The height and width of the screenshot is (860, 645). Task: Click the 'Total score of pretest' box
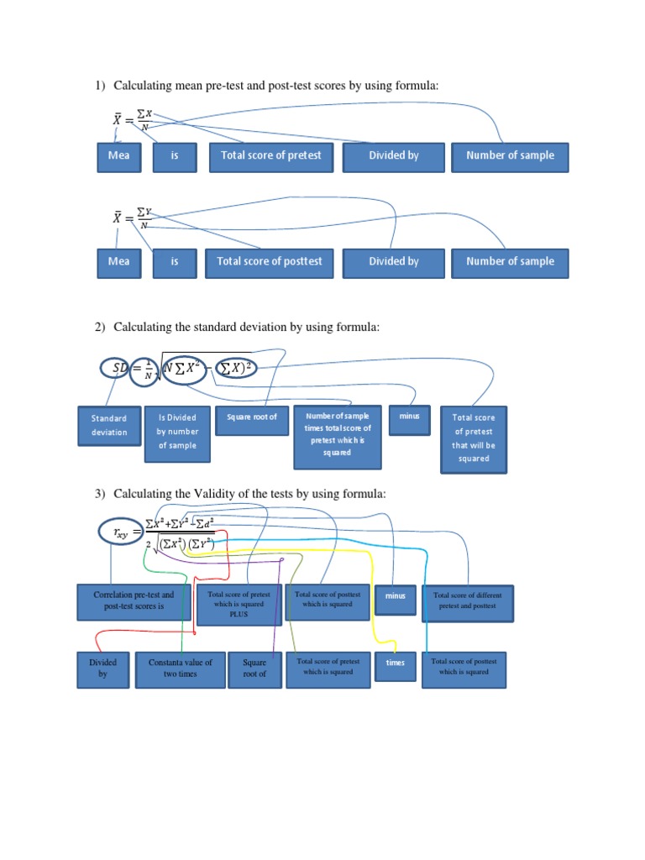click(x=270, y=156)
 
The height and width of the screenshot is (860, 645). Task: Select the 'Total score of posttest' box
click(x=270, y=262)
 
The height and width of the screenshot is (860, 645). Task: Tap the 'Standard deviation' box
click(x=109, y=426)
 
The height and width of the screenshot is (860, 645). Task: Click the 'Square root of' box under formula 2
click(x=251, y=418)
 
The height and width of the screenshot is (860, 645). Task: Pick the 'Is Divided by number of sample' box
click(x=176, y=432)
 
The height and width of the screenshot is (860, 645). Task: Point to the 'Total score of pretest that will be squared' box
click(x=474, y=438)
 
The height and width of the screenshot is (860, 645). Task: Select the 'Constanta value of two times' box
click(x=181, y=669)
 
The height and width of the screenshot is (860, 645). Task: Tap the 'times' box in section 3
click(x=395, y=663)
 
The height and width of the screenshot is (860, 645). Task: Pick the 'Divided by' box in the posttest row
click(x=393, y=262)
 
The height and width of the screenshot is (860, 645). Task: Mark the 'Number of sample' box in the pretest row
click(x=510, y=156)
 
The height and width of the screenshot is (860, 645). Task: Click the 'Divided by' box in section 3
click(x=102, y=669)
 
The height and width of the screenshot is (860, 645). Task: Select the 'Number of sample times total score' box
click(x=338, y=434)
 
